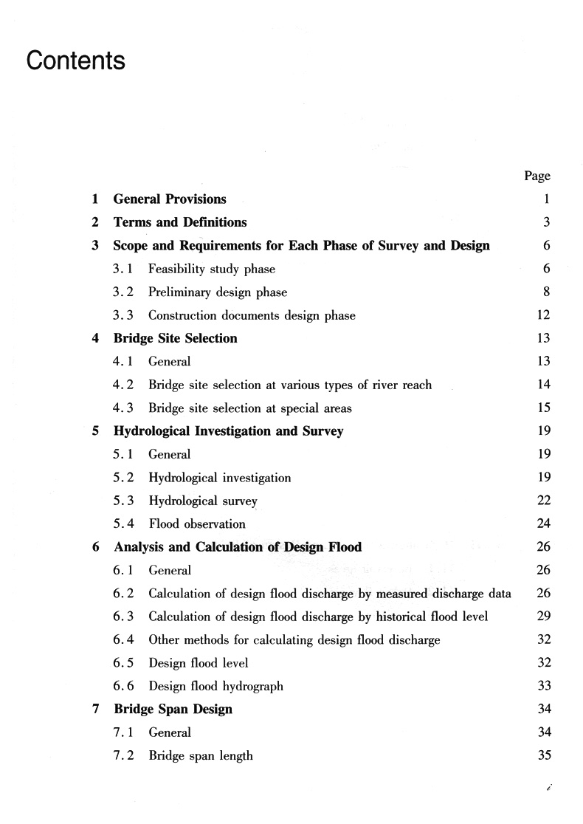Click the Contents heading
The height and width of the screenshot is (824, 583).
tap(75, 61)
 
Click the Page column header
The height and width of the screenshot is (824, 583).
tap(537, 176)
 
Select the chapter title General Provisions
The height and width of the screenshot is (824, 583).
tap(170, 199)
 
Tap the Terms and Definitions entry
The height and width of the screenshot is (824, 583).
tap(180, 222)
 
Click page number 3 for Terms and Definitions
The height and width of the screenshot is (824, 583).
tap(546, 222)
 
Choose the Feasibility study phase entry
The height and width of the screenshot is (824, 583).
tap(211, 269)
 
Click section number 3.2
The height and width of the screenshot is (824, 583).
tap(123, 292)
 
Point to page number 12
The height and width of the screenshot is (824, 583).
tap(543, 315)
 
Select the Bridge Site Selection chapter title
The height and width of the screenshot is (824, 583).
tap(176, 339)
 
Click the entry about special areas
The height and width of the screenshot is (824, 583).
tap(250, 408)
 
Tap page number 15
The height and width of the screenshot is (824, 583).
tap(543, 408)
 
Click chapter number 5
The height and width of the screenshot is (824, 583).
tap(96, 431)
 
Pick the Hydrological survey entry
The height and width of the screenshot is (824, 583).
tap(203, 501)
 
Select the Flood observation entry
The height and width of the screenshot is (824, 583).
tap(197, 524)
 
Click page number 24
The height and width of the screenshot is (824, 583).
tap(543, 524)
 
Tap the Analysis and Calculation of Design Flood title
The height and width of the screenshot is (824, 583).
tap(238, 547)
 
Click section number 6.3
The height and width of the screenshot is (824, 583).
tap(123, 617)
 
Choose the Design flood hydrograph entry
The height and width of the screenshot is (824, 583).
tap(215, 686)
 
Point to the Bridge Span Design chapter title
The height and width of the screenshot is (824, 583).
tap(173, 710)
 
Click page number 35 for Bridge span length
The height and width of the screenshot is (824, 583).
tap(543, 755)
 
